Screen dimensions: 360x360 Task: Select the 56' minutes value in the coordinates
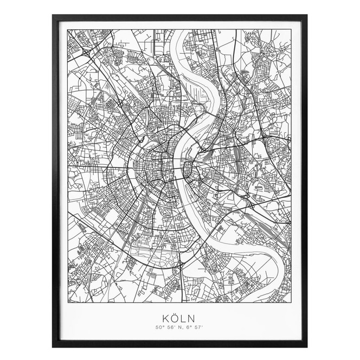(x=170, y=327)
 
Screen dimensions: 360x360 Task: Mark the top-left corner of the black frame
(x=53, y=15)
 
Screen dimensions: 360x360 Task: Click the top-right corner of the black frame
(x=307, y=15)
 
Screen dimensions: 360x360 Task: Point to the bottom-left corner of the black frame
(x=53, y=346)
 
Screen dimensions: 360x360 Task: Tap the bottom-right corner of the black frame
(x=307, y=346)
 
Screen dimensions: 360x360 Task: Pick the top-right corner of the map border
(x=292, y=29)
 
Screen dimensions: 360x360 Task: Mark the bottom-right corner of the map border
(x=292, y=302)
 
